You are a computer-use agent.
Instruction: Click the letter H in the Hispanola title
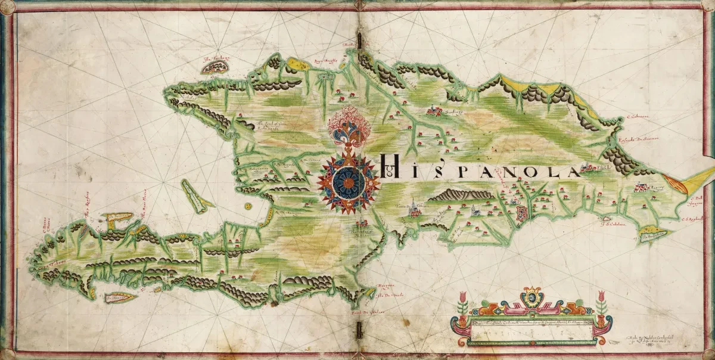point(389,164)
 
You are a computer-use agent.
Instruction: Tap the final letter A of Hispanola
point(573,172)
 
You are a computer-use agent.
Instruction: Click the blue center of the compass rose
point(347,182)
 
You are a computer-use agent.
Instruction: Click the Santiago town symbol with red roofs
point(434,110)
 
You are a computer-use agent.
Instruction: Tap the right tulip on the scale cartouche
point(601,305)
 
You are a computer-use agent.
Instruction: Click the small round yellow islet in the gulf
point(247,206)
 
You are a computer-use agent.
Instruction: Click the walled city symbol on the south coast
point(522,215)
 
